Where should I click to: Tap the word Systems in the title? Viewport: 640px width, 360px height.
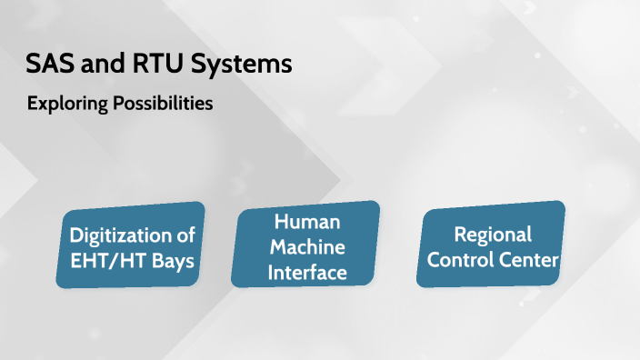tap(242, 65)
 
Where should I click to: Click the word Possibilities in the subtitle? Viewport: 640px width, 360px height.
tap(162, 104)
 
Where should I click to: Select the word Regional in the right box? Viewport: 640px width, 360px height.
tap(493, 235)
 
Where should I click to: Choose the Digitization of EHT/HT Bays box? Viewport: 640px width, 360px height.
tap(133, 246)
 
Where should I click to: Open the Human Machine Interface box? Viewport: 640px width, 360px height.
tap(305, 245)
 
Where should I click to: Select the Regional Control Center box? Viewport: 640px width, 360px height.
tap(493, 245)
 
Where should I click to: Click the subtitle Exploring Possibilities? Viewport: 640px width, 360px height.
tap(120, 104)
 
